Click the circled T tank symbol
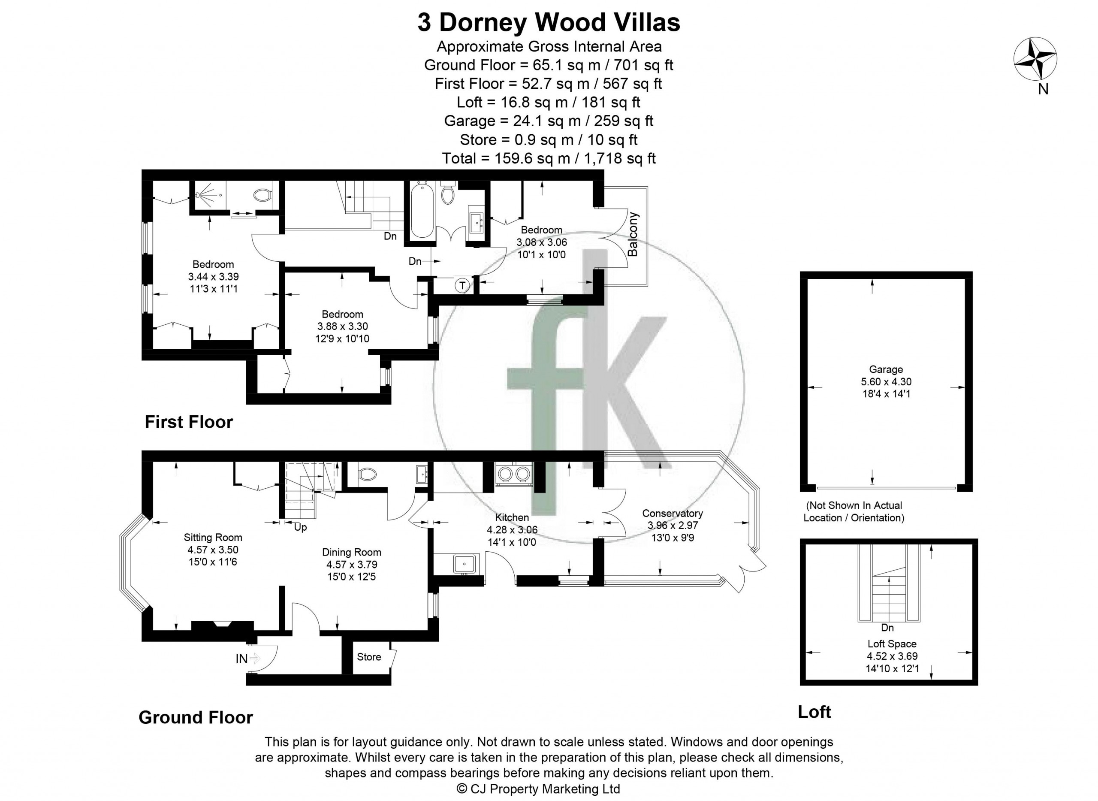[462, 285]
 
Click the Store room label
[369, 657]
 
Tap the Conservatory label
[673, 513]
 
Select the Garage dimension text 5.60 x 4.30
[886, 381]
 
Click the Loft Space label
[892, 644]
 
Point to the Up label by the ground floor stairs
[301, 527]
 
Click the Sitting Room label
[213, 537]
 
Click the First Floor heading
[189, 422]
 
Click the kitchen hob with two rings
[513, 474]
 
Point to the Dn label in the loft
[887, 628]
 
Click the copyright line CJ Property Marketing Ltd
[539, 789]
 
